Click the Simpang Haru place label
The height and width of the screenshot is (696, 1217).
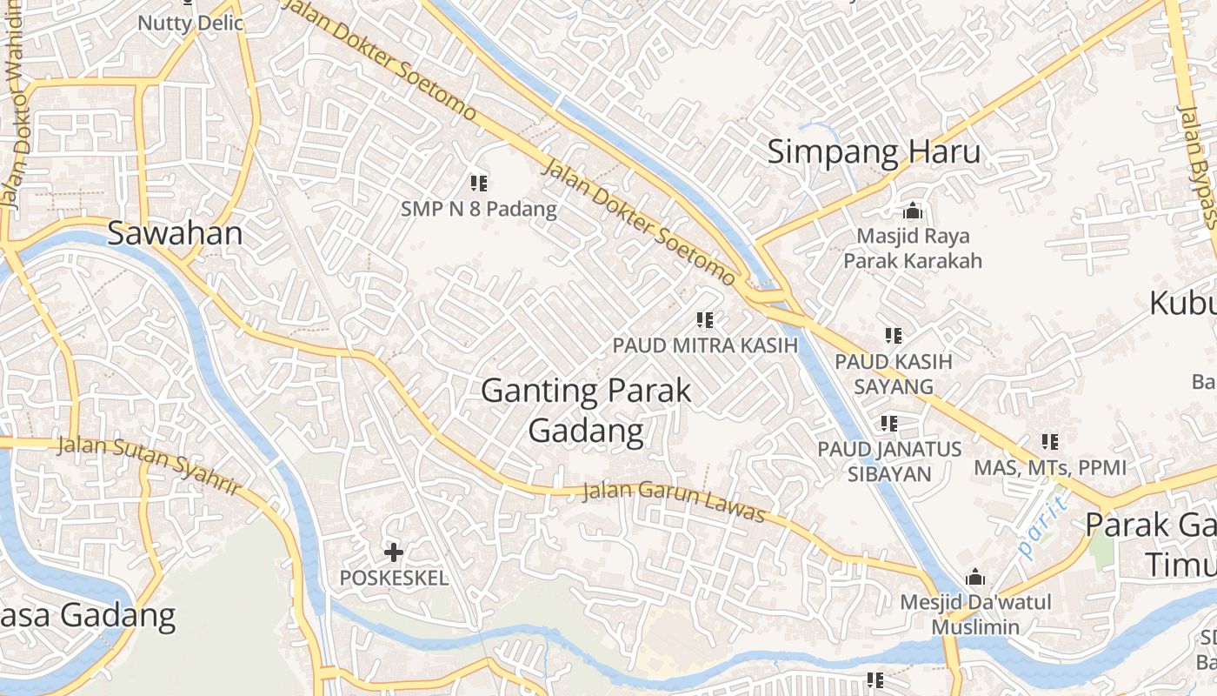pyautogui.click(x=874, y=152)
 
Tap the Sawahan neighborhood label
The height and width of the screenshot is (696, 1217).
pyautogui.click(x=175, y=233)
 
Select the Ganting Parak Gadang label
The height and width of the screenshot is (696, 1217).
pyautogui.click(x=587, y=410)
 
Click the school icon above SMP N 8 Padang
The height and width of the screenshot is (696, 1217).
pyautogui.click(x=478, y=183)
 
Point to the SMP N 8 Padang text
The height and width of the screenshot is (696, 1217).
pyautogui.click(x=478, y=210)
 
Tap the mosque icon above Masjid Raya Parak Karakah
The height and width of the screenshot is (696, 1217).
pyautogui.click(x=912, y=211)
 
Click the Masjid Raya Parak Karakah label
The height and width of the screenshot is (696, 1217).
pyautogui.click(x=913, y=248)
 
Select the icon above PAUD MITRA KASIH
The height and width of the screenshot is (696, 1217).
pyautogui.click(x=705, y=320)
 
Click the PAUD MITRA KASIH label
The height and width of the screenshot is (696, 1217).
pyautogui.click(x=705, y=345)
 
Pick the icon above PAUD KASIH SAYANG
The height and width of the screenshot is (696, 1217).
pyautogui.click(x=893, y=335)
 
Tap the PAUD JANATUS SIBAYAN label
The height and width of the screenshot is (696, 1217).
pyautogui.click(x=889, y=461)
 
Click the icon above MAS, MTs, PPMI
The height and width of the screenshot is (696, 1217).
pyautogui.click(x=1049, y=442)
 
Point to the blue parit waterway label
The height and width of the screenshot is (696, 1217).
pyautogui.click(x=1041, y=526)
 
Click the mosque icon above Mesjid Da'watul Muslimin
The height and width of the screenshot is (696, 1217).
pyautogui.click(x=975, y=578)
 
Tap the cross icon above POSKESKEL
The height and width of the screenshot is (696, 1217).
pyautogui.click(x=394, y=552)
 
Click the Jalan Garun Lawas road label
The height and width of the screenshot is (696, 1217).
pyautogui.click(x=674, y=501)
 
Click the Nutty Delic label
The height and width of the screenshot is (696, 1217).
pyautogui.click(x=190, y=23)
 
